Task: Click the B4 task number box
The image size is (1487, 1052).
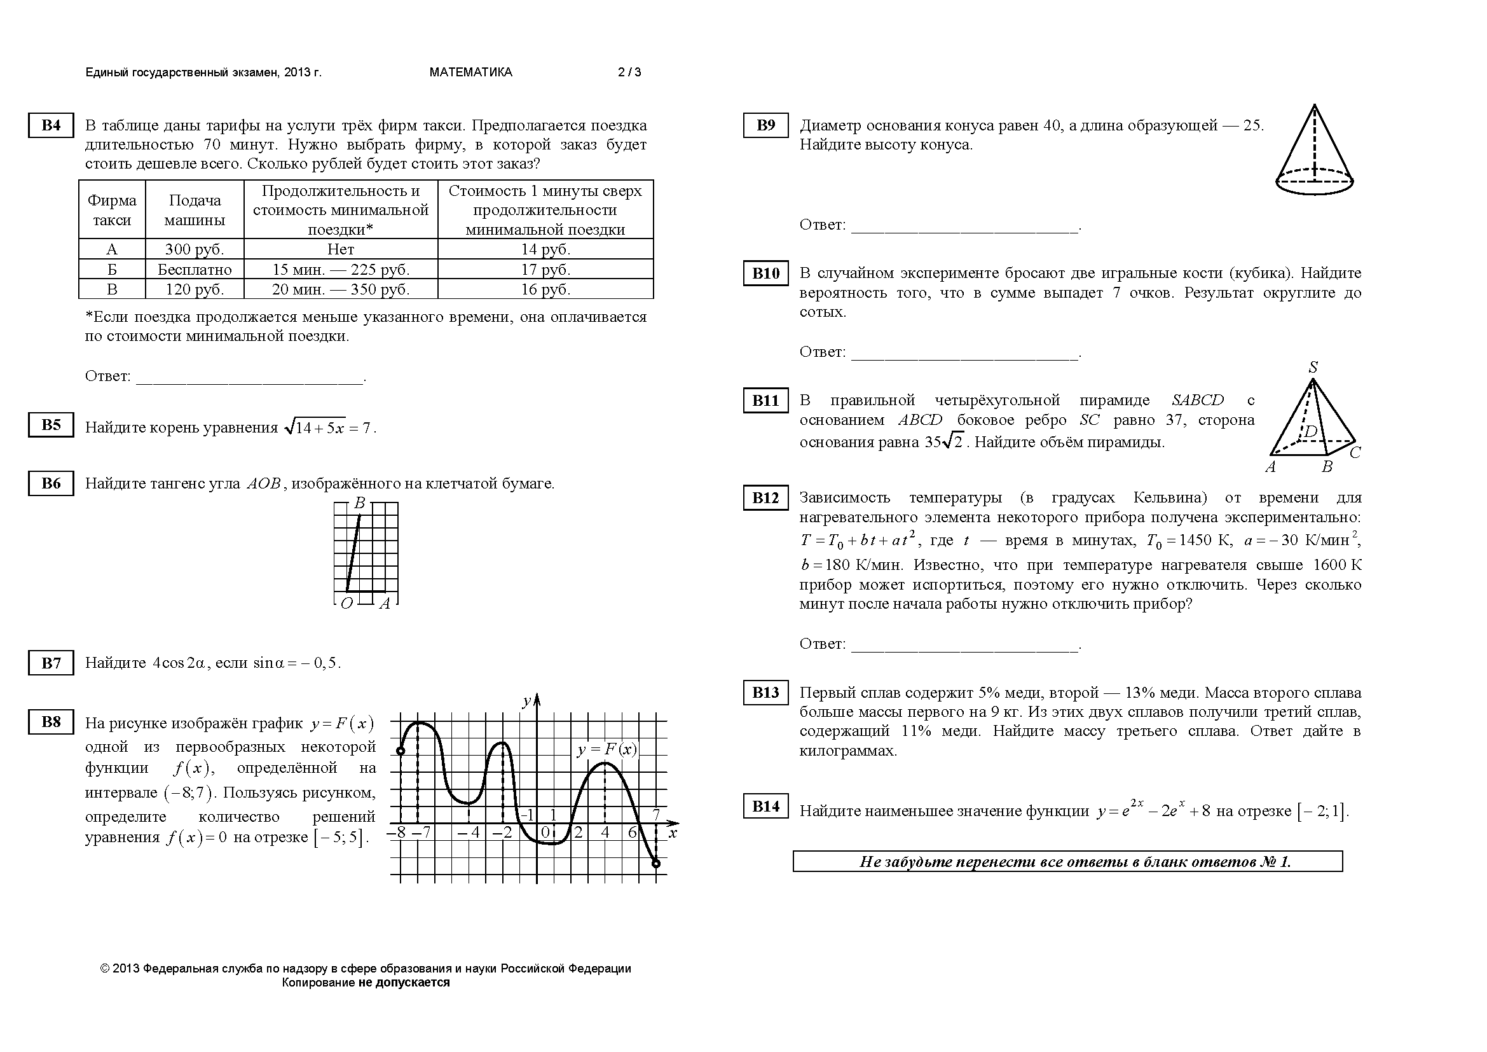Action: [50, 125]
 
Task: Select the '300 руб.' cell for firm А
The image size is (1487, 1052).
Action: [195, 249]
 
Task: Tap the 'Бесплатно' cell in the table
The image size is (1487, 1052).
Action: [195, 270]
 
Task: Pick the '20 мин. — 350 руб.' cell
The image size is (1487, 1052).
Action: [341, 289]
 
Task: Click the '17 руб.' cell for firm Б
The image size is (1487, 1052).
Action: [545, 270]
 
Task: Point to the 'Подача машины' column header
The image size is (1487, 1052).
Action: [195, 210]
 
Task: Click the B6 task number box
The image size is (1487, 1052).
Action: [50, 483]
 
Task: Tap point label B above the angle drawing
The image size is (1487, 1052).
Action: [360, 503]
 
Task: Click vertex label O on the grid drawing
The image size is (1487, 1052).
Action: [346, 604]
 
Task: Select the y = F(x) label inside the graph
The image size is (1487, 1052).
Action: [607, 749]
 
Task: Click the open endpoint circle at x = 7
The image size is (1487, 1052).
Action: [656, 863]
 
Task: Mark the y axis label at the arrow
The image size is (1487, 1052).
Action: [526, 701]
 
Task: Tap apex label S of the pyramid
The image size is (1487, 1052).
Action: [1313, 368]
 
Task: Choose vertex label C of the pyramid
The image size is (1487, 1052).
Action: [1355, 452]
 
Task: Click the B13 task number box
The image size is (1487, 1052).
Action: [765, 693]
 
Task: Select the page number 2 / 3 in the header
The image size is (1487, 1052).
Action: [629, 73]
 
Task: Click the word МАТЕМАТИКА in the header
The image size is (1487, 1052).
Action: [471, 73]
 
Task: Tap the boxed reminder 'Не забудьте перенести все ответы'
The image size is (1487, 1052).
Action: [1067, 862]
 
